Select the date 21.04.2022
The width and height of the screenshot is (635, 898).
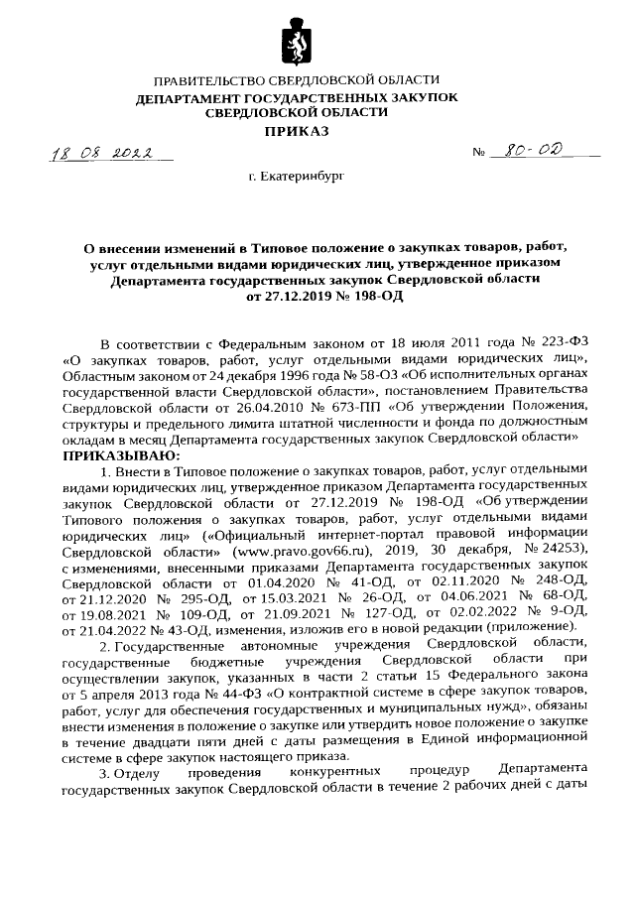coord(97,627)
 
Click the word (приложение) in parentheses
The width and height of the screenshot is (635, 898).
coord(532,627)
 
